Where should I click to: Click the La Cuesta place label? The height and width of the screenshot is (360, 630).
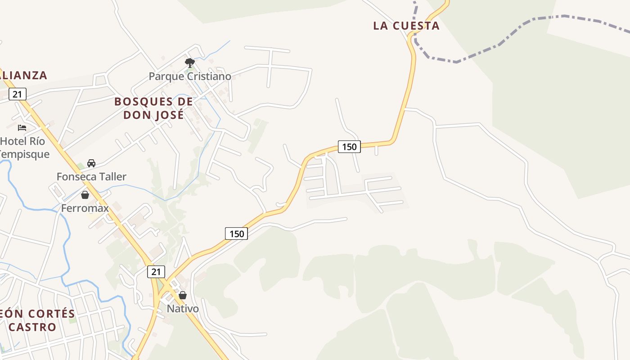(x=406, y=26)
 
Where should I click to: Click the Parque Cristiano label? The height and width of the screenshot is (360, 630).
(x=190, y=76)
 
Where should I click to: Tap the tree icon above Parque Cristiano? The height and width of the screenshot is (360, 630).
(x=190, y=63)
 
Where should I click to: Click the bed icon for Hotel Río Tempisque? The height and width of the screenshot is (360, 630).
(x=22, y=128)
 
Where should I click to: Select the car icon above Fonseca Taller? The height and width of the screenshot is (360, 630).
(x=91, y=163)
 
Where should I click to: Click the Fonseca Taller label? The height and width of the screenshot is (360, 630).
(x=91, y=176)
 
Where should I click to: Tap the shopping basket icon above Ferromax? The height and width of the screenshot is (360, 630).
(x=85, y=195)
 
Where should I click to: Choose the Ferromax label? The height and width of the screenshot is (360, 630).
(x=85, y=208)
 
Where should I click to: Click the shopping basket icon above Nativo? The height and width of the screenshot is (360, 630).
(x=183, y=295)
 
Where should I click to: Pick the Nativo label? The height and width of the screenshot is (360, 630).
(x=183, y=309)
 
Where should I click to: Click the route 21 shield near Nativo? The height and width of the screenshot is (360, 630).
(x=156, y=272)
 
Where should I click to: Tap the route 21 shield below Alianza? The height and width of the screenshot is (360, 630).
(x=17, y=94)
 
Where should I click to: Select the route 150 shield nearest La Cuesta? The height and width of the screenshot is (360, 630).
(x=349, y=147)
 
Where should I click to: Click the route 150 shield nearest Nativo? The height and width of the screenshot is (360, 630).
(x=236, y=234)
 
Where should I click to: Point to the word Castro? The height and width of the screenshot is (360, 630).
(x=32, y=327)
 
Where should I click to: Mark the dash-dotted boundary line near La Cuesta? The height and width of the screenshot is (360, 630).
(x=499, y=44)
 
